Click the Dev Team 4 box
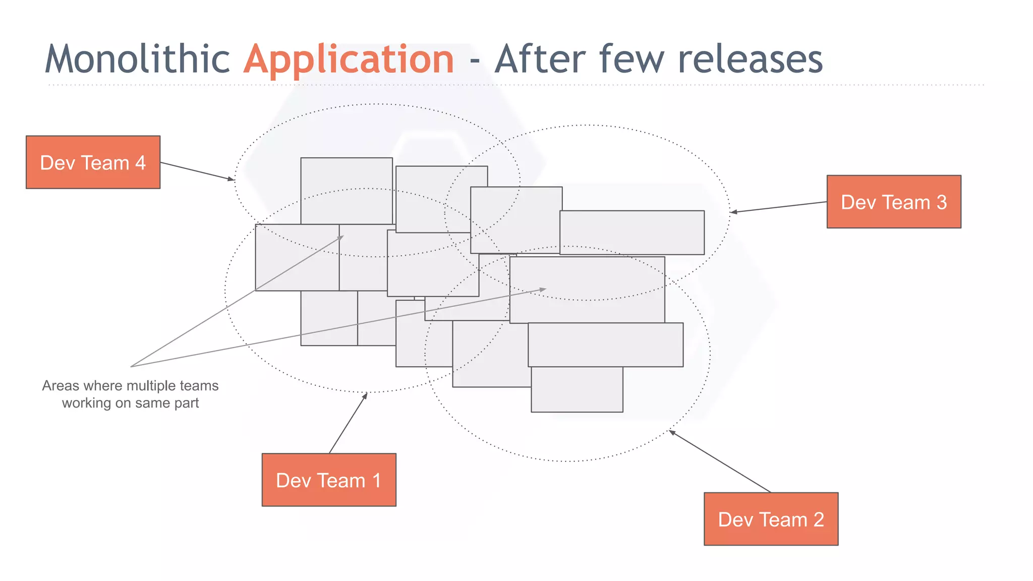(x=93, y=162)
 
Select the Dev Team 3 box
(x=894, y=202)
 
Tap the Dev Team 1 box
(x=329, y=480)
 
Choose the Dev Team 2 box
(x=771, y=519)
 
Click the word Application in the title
(x=349, y=60)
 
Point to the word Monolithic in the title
(x=137, y=60)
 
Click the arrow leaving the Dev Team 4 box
(x=197, y=171)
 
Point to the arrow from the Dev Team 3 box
(x=779, y=207)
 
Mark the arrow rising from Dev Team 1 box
(x=348, y=423)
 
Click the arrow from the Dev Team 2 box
(x=720, y=461)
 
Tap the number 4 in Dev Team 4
(x=140, y=163)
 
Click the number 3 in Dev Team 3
(x=941, y=202)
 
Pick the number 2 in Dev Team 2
(x=818, y=519)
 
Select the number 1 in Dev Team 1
(x=376, y=481)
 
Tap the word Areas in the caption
(x=61, y=386)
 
